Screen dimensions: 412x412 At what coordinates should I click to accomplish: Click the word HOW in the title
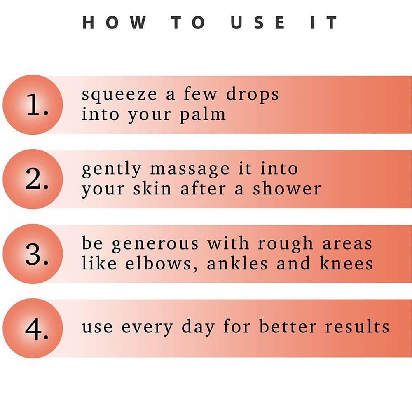click(x=114, y=22)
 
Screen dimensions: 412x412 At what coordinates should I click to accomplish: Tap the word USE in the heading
click(x=258, y=22)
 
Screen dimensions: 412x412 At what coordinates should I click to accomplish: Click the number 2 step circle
click(x=33, y=179)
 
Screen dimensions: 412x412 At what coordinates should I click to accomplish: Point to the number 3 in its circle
click(x=37, y=254)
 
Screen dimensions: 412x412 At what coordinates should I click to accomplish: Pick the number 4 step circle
click(x=33, y=328)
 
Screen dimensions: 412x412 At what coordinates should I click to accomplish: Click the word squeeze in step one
click(x=119, y=95)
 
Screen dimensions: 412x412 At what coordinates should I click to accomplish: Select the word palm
click(x=203, y=115)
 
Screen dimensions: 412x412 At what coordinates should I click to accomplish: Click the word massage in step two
click(x=190, y=169)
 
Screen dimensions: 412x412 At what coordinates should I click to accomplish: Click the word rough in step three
click(x=286, y=243)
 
